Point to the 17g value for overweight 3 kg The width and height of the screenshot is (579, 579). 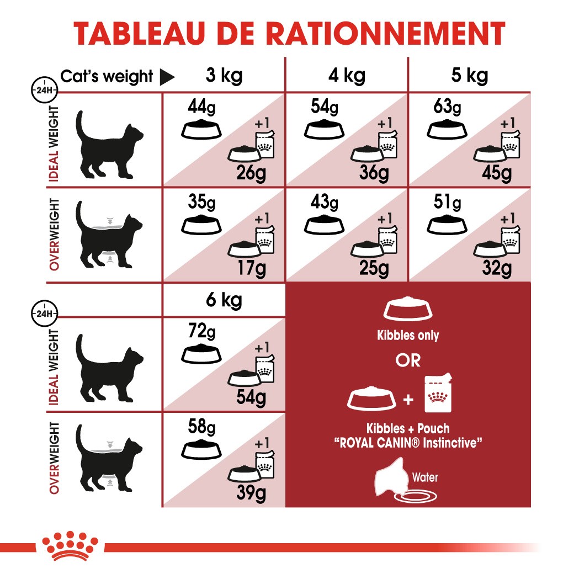251,269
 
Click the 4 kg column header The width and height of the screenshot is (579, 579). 346,76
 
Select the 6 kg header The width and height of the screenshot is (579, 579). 224,301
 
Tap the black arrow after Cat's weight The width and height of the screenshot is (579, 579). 167,77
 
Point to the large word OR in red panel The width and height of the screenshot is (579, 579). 408,360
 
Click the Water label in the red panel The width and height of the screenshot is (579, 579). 425,477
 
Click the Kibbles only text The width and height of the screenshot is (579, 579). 408,336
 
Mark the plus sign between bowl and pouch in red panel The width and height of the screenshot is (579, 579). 408,399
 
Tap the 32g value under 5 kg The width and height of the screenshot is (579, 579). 497,269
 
